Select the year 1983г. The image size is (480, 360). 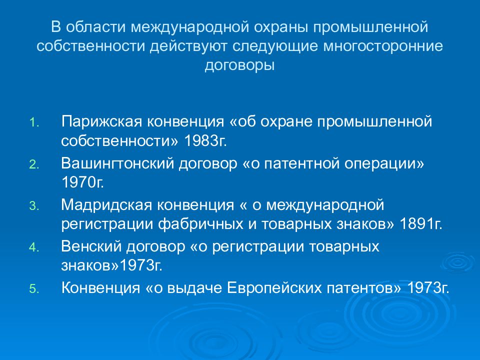205,140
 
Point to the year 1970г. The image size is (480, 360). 82,181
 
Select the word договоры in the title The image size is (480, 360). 239,65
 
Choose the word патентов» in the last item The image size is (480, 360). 374,288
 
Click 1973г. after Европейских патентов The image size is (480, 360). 428,288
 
